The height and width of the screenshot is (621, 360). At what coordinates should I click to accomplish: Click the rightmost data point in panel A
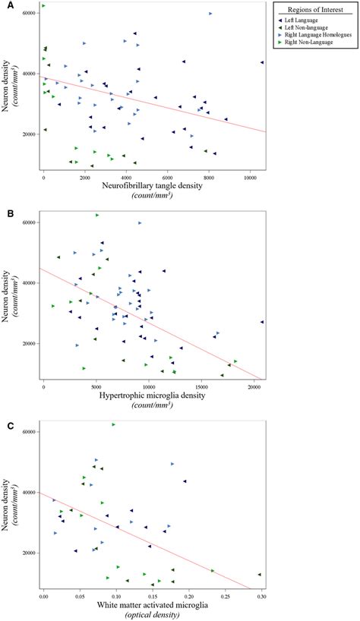point(262,63)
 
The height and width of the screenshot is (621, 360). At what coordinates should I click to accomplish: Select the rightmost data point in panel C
point(259,575)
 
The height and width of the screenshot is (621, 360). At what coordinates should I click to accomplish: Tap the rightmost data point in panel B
point(262,322)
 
